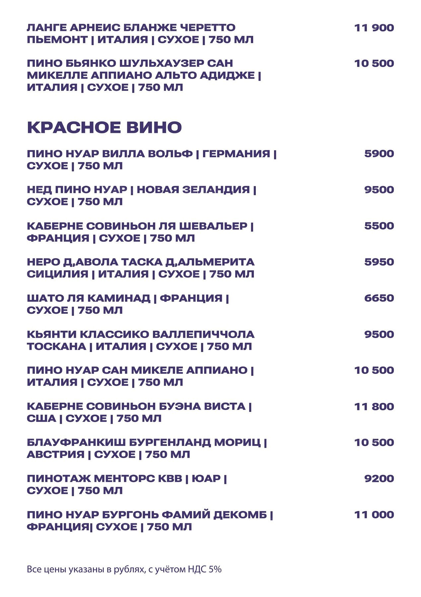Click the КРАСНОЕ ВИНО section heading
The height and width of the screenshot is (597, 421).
[x=104, y=128]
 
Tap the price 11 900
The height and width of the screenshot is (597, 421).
[x=374, y=28]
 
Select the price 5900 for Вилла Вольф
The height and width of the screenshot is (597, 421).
[x=379, y=154]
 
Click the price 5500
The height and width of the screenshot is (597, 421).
[x=379, y=226]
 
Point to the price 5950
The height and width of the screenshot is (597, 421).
[x=379, y=262]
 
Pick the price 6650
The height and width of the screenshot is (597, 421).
[x=379, y=298]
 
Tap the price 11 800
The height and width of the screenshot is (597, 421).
[x=374, y=406]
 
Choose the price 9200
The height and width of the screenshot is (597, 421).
[x=379, y=479]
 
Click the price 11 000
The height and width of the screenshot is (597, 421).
[x=374, y=515]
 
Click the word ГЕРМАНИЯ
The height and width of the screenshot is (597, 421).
[x=236, y=154]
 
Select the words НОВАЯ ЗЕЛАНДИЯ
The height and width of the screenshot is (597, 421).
[x=193, y=190]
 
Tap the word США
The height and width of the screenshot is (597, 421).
[x=41, y=419]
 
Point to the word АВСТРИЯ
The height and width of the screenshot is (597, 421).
[x=55, y=454]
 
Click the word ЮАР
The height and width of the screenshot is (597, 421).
[x=206, y=479]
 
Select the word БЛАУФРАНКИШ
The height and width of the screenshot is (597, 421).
[x=76, y=442]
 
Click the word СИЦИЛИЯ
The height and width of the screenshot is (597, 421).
[x=57, y=274]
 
